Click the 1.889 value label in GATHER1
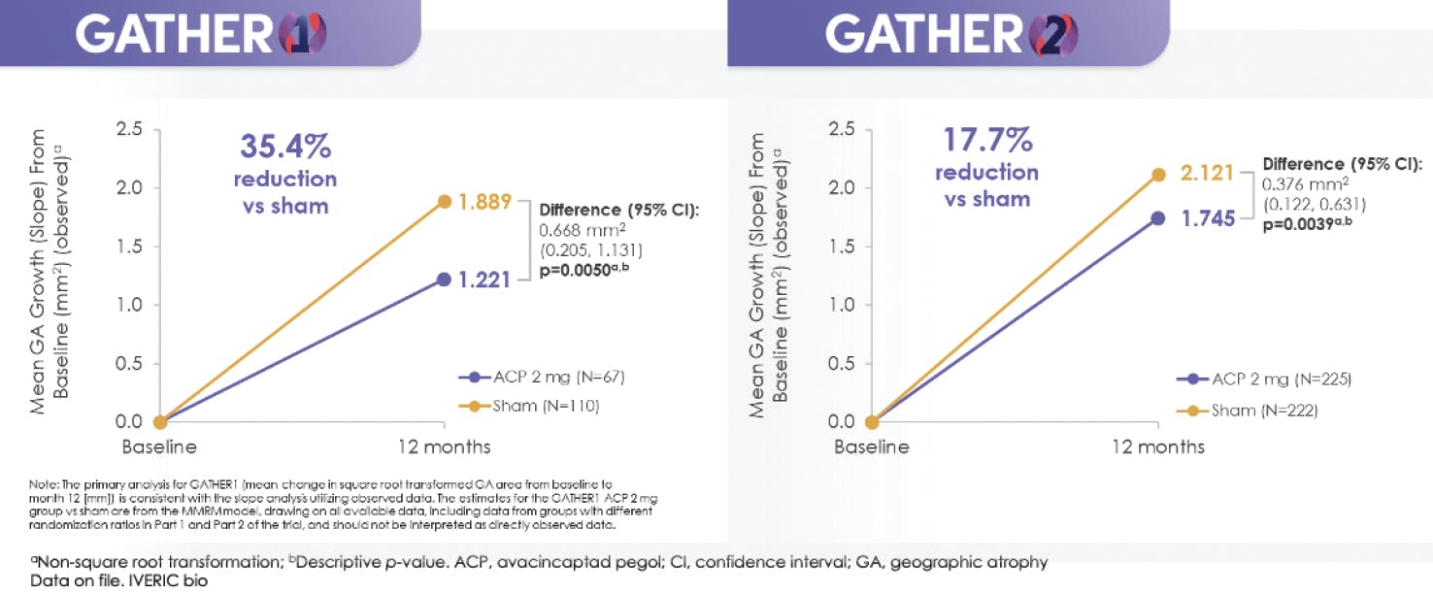pos(484,202)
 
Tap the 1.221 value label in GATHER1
pos(483,280)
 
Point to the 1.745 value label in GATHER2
pos(1207,218)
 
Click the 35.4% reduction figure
pos(285,148)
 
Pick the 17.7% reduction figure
pos(986,142)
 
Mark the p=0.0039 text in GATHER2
pos(1308,223)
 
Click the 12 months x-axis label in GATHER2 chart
pos(1158,447)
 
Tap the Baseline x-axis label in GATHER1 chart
pos(159,447)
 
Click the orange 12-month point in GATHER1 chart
pos(445,201)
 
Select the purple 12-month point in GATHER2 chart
pos(1158,218)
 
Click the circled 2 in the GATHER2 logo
pos(1052,35)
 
